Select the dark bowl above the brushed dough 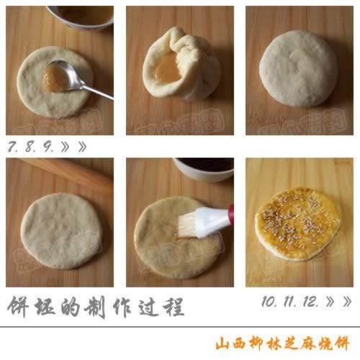(x=204, y=168)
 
